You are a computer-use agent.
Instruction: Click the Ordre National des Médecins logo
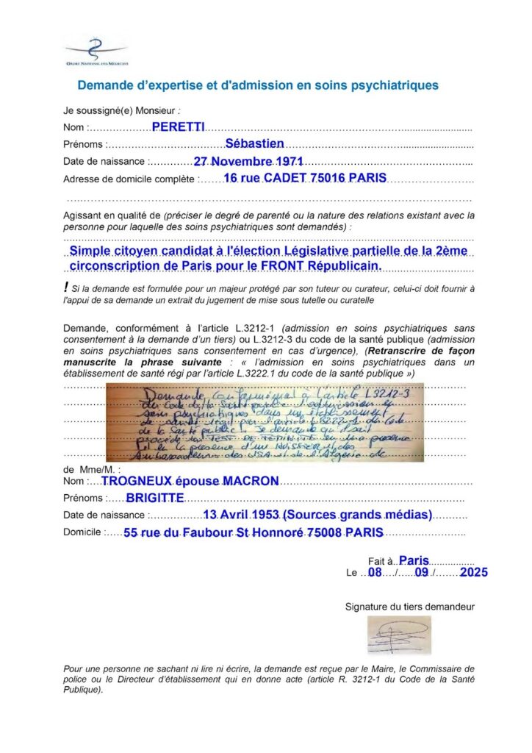96,50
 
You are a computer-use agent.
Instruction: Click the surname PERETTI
178,126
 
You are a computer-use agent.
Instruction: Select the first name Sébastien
254,143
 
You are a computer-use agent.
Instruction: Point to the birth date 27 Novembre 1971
248,161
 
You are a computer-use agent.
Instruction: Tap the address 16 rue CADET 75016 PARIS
295,178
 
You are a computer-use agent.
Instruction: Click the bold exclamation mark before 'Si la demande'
66,287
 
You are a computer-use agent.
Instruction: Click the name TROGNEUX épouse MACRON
190,481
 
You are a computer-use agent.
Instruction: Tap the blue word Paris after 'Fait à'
414,560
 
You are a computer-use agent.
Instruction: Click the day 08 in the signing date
375,572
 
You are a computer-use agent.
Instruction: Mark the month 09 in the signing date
421,572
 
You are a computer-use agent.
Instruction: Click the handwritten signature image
399,635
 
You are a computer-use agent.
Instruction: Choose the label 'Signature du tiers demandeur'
409,607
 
